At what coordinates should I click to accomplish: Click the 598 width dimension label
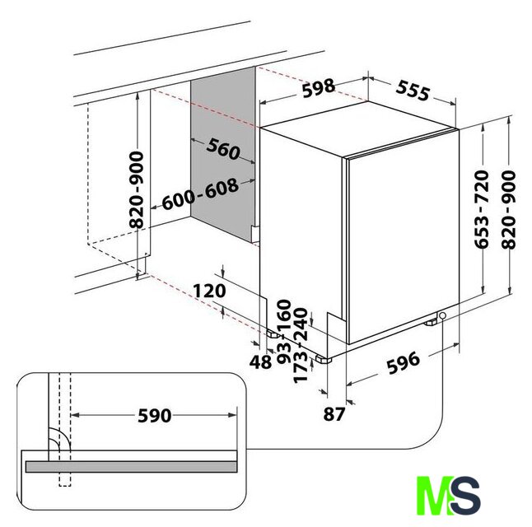pos(319,87)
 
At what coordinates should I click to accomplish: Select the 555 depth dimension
pos(413,90)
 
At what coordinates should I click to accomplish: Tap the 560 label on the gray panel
pos(223,149)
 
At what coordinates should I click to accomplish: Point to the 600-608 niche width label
pos(200,194)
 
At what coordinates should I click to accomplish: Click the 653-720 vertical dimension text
pos(482,209)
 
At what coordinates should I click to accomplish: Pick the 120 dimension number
pos(209,291)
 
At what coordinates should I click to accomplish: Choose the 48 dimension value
pos(260,362)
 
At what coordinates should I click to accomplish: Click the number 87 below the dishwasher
pos(334,414)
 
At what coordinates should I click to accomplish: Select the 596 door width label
pos(404,363)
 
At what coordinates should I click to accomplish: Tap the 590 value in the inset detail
pos(154,415)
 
